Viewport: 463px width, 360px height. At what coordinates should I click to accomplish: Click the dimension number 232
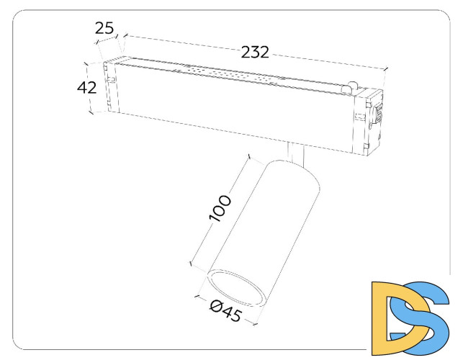(255, 53)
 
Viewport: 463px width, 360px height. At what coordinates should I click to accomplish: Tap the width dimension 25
(104, 29)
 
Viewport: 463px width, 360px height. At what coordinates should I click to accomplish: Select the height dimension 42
(87, 88)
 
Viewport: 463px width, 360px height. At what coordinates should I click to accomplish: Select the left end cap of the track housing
(110, 86)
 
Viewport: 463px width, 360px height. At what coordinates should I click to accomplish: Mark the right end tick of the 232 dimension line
(387, 70)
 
